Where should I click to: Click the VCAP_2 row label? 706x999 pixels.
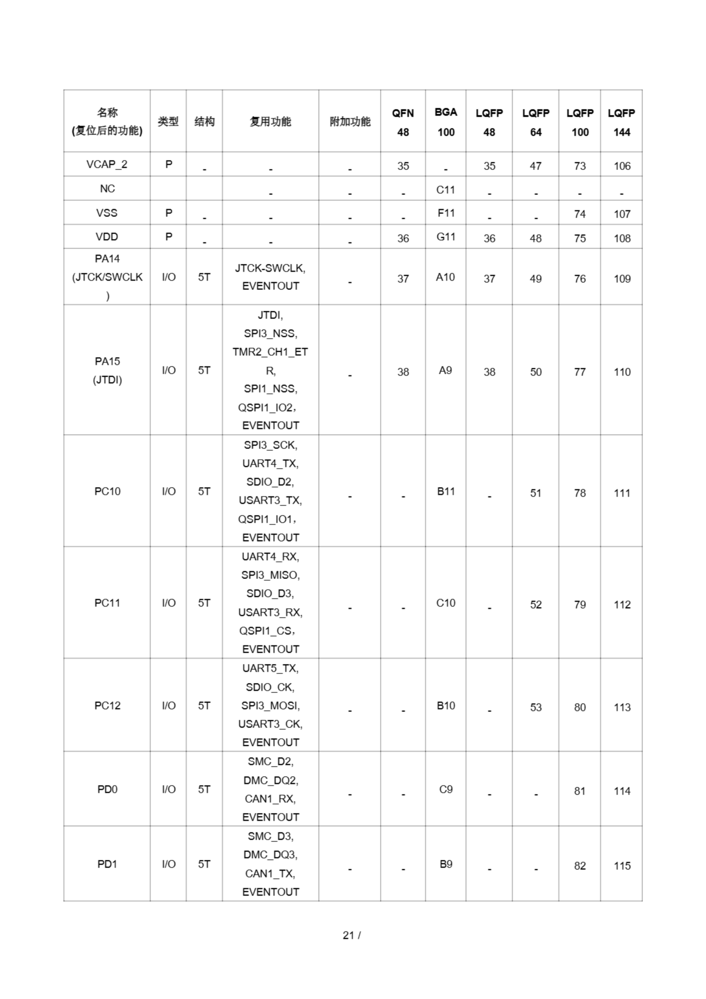point(106,164)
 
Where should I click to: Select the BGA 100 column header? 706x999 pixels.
point(445,122)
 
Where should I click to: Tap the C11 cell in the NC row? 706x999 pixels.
point(445,190)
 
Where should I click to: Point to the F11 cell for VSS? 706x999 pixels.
point(445,213)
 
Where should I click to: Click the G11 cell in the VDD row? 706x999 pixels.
point(445,237)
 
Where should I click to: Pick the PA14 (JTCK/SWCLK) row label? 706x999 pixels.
point(107,277)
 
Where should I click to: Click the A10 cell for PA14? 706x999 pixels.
point(445,277)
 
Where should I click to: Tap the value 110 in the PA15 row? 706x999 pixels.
point(622,372)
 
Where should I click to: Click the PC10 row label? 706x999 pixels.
point(107,491)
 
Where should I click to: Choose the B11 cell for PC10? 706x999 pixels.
point(445,491)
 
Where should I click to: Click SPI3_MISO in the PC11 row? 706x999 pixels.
point(270,575)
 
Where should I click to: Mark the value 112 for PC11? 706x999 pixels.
point(622,604)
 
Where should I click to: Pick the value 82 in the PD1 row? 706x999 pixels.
point(579,866)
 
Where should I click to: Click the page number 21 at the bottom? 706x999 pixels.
point(348,935)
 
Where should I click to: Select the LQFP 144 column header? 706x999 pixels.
point(621,122)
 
